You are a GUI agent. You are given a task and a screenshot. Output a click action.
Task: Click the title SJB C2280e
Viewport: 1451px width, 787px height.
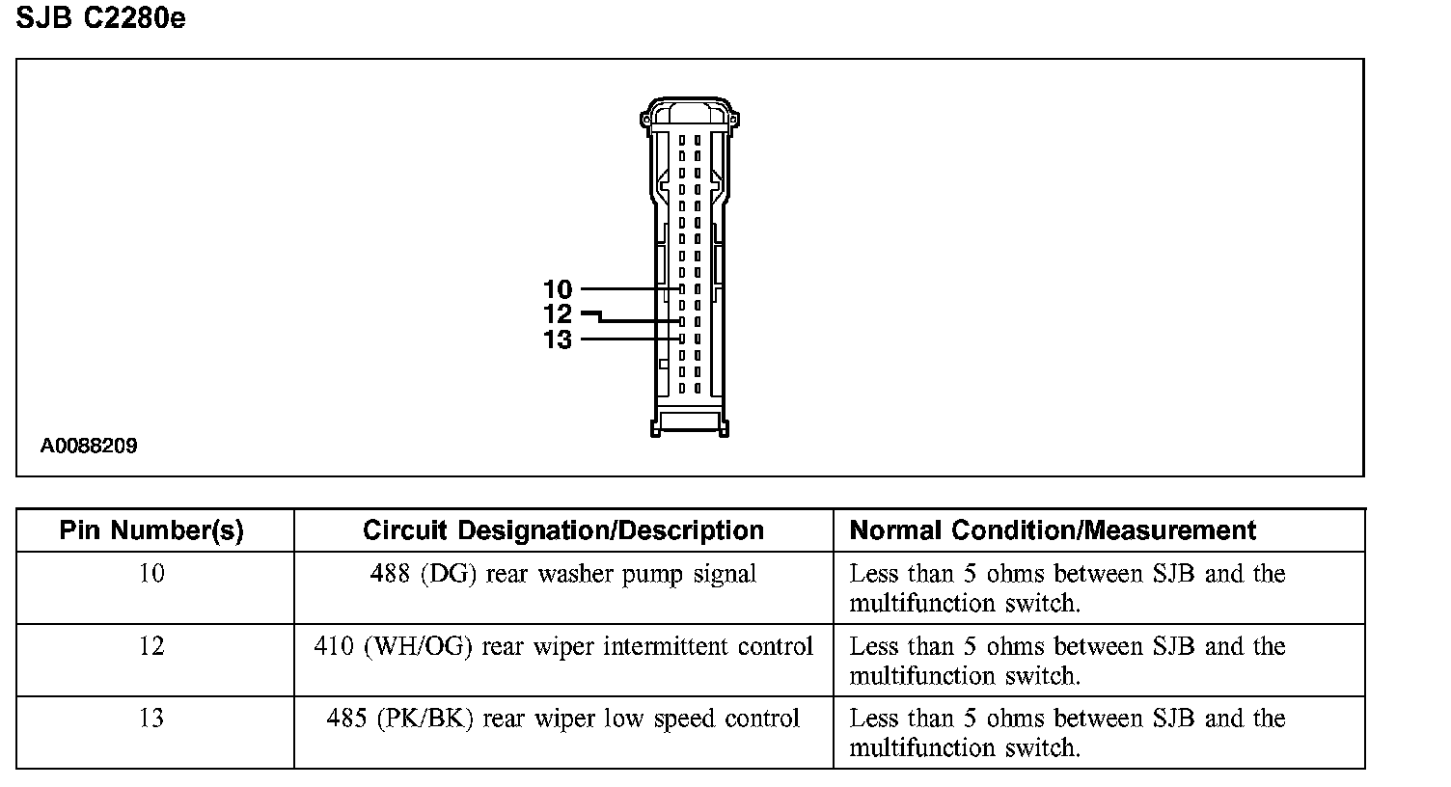tap(100, 18)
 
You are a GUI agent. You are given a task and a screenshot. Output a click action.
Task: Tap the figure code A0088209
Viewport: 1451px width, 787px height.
tap(89, 446)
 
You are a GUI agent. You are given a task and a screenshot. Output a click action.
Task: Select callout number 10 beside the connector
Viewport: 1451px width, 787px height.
tap(558, 289)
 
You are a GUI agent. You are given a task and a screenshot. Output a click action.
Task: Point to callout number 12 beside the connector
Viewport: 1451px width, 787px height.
tap(558, 314)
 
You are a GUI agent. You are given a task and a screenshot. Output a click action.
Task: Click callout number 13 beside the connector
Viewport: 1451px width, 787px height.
tap(558, 339)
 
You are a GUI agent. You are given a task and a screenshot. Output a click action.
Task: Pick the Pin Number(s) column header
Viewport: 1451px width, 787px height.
tap(151, 530)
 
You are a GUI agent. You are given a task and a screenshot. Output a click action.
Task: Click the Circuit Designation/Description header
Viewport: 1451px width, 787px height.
tap(562, 530)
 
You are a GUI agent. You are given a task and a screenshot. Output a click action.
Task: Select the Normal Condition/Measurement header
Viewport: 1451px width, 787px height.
tap(1053, 530)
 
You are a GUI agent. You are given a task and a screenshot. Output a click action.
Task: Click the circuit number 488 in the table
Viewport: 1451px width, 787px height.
tap(390, 573)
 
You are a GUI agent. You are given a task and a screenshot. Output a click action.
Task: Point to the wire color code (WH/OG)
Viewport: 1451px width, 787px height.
tap(418, 646)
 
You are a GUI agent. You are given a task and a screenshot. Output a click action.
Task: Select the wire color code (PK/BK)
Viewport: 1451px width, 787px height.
tap(425, 719)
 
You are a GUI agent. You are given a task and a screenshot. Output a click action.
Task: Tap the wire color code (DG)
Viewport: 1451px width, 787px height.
tap(449, 574)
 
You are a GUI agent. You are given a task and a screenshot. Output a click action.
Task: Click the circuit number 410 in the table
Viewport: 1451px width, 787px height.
tap(334, 646)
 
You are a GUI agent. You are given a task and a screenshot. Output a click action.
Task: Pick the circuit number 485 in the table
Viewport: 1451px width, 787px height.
tap(346, 718)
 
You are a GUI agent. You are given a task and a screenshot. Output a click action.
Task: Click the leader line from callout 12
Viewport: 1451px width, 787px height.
tap(632, 320)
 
